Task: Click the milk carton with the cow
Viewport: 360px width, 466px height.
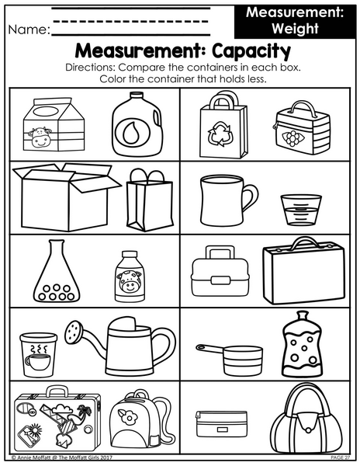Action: pyautogui.click(x=54, y=124)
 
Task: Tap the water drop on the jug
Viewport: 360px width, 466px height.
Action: pyautogui.click(x=130, y=133)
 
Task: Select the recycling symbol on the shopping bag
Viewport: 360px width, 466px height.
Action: pyautogui.click(x=220, y=134)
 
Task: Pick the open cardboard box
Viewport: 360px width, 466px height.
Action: pyautogui.click(x=66, y=196)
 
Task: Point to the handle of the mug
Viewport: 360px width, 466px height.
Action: pyautogui.click(x=251, y=197)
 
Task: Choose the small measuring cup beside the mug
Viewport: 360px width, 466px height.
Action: pyautogui.click(x=301, y=210)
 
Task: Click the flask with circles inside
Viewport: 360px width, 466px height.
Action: pyautogui.click(x=57, y=271)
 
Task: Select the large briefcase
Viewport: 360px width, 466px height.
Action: pyautogui.click(x=304, y=271)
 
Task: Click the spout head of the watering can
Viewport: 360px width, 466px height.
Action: pyautogui.click(x=74, y=332)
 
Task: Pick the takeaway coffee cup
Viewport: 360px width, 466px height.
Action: pyautogui.click(x=39, y=355)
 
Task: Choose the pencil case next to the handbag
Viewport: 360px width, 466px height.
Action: pyautogui.click(x=221, y=424)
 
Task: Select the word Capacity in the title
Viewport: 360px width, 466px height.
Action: pyautogui.click(x=251, y=51)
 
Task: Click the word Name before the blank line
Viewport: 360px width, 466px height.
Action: pyautogui.click(x=29, y=30)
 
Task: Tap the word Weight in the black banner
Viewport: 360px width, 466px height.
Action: pyautogui.click(x=295, y=28)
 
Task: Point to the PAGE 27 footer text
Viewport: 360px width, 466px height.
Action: pyautogui.click(x=341, y=457)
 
